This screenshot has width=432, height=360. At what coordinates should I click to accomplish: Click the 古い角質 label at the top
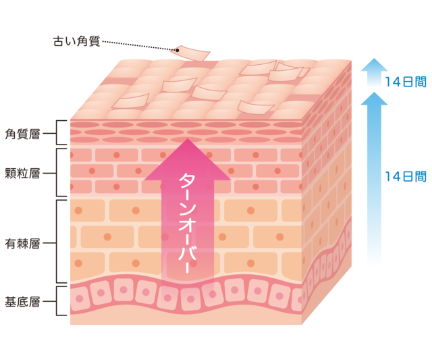click(x=76, y=42)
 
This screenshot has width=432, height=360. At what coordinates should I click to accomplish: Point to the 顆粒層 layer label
click(x=22, y=173)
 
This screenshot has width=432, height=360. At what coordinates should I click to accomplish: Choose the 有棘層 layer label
click(x=22, y=242)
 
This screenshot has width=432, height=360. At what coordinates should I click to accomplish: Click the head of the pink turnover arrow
click(x=187, y=158)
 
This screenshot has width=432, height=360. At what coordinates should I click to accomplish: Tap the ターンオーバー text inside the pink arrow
click(x=187, y=223)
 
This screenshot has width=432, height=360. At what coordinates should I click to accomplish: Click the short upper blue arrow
click(x=373, y=73)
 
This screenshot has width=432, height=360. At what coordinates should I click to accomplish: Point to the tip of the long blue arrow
click(x=373, y=95)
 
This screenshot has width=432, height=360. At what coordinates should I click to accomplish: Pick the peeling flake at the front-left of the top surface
click(x=131, y=102)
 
